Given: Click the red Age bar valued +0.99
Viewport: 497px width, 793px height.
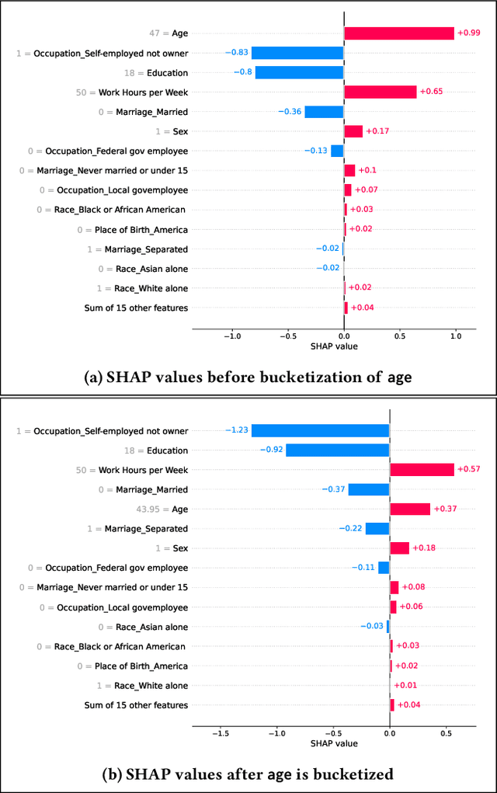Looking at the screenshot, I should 398,33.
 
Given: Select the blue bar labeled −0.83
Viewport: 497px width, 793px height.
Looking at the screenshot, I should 297,53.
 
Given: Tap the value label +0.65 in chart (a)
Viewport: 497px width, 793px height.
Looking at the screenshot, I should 431,92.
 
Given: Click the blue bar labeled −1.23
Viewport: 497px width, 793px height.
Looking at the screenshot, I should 320,430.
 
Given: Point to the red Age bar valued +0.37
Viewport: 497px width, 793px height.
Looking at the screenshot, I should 409,509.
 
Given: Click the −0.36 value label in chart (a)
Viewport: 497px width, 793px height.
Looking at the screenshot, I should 290,112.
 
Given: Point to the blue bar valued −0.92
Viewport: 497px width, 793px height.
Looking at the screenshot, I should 337,450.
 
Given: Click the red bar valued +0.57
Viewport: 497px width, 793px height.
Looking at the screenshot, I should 422,470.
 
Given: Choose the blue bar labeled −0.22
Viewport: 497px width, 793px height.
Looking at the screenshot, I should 377,529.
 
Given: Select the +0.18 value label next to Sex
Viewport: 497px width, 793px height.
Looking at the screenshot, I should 423,548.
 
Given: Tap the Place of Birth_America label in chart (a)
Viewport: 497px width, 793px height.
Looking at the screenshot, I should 137,230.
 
